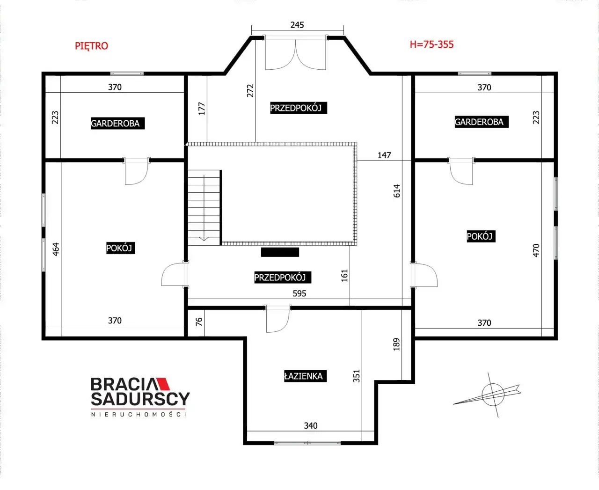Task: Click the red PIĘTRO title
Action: tap(91, 46)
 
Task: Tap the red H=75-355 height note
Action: tap(431, 44)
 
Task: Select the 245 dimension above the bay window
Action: tap(297, 25)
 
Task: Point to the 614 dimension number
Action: tap(397, 191)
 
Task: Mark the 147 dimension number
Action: tap(384, 155)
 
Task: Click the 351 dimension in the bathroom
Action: tap(357, 376)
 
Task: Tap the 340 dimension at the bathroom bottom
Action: tap(311, 425)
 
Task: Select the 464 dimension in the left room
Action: tap(56, 249)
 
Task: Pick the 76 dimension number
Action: tap(199, 322)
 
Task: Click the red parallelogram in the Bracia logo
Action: tap(163, 384)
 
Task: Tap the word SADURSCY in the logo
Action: tap(140, 399)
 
